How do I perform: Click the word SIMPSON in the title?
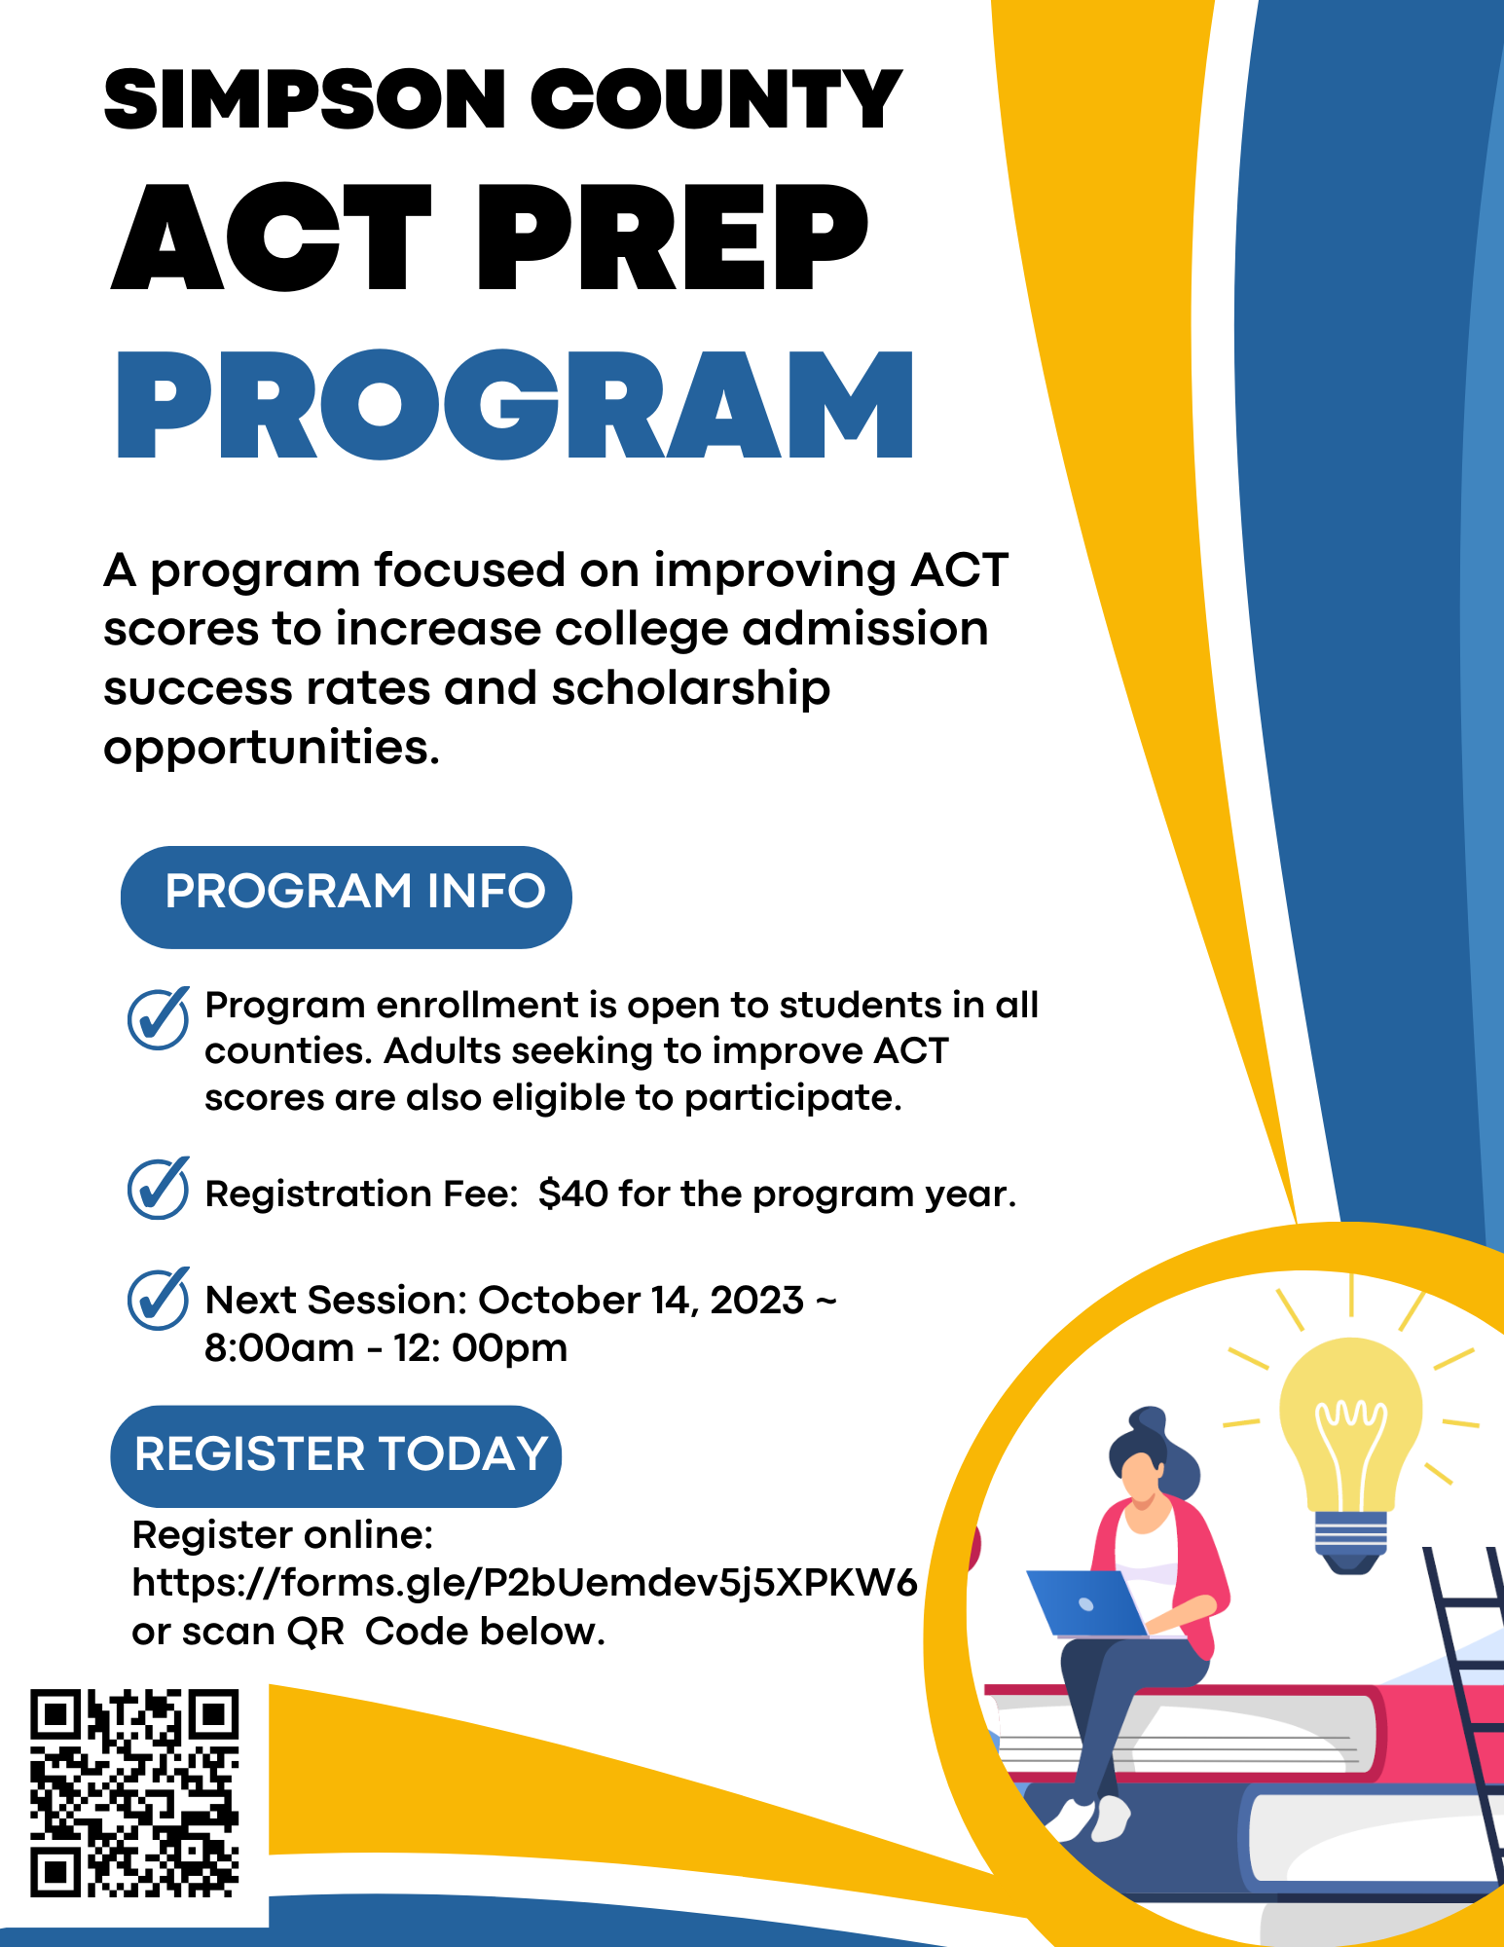[x=305, y=99]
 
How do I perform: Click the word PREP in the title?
[x=673, y=238]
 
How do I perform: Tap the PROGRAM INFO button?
[x=346, y=897]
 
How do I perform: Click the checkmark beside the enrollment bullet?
[x=158, y=1018]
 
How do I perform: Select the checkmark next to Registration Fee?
[x=158, y=1189]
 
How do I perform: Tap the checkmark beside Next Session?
[x=158, y=1299]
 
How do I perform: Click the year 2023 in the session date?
[x=757, y=1301]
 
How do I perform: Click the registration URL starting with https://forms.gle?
[x=525, y=1584]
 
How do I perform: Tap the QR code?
[x=134, y=1792]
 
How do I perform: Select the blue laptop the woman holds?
[x=1087, y=1602]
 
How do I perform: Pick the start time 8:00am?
[x=279, y=1348]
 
